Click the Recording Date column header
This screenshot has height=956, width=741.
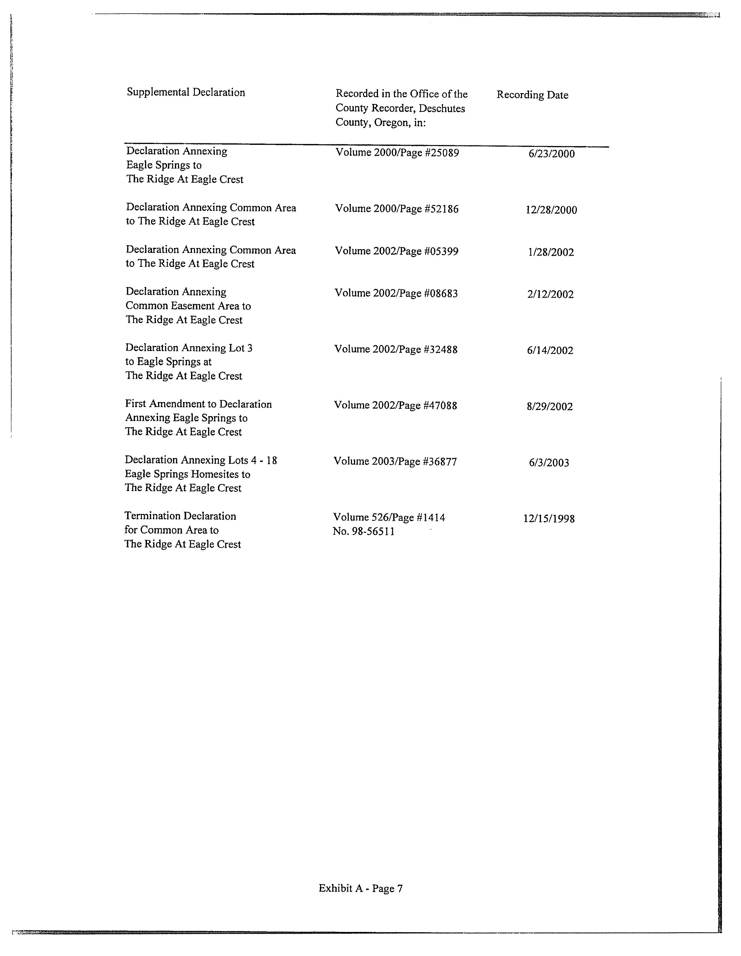click(x=532, y=95)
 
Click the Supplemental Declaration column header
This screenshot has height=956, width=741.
click(x=186, y=92)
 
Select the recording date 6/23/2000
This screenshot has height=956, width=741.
click(x=551, y=154)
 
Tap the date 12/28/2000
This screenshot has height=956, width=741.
click(x=551, y=210)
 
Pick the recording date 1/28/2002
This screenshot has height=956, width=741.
click(x=551, y=252)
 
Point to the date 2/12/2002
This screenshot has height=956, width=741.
click(x=550, y=294)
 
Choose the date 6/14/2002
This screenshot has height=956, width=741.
click(x=550, y=350)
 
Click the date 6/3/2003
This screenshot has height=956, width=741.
click(x=549, y=463)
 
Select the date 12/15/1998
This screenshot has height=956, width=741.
click(x=549, y=519)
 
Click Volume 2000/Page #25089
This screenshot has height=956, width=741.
click(x=397, y=153)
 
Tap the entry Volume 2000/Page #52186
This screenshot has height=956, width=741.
click(x=397, y=209)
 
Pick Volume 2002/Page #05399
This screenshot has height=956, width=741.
click(x=396, y=251)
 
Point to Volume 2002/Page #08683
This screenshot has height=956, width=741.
click(x=396, y=293)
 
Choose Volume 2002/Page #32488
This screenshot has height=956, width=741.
click(x=396, y=349)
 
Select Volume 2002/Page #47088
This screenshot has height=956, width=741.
click(x=395, y=405)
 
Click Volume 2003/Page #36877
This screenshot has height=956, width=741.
click(x=395, y=461)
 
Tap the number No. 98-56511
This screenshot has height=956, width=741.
click(x=364, y=531)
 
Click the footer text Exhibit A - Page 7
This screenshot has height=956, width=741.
click(x=360, y=888)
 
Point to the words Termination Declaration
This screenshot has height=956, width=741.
click(x=180, y=516)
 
